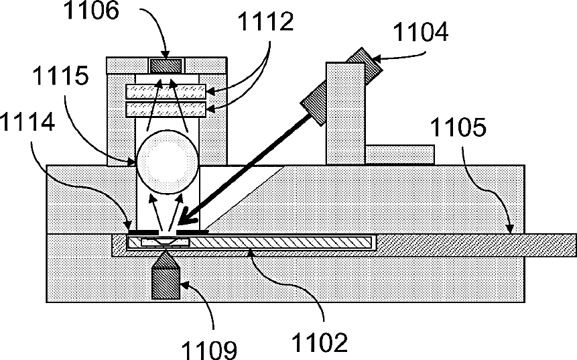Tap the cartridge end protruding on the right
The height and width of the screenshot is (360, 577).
[543, 244]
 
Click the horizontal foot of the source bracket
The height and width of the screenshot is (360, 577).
[400, 154]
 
